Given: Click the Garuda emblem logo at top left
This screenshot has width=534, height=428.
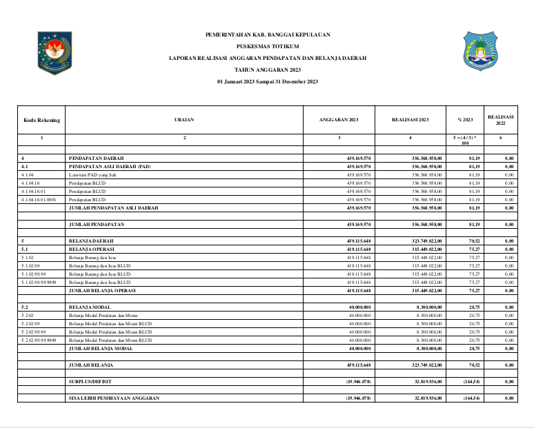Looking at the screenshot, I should click(x=55, y=52).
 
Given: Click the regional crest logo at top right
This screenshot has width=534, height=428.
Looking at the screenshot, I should click(x=479, y=50).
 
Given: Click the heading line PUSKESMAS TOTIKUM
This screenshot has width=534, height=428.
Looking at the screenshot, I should click(x=268, y=46).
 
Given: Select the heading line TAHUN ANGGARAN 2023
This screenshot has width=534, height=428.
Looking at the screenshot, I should click(x=268, y=70).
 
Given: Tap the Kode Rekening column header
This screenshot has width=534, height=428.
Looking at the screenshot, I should click(x=41, y=120).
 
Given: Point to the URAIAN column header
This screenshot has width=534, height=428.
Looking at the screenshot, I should click(x=184, y=120).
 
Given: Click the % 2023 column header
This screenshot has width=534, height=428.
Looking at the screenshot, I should click(x=465, y=120).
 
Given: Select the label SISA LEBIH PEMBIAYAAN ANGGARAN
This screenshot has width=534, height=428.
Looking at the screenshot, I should click(x=114, y=398).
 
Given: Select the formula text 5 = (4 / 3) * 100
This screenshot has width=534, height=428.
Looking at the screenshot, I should click(x=465, y=141).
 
